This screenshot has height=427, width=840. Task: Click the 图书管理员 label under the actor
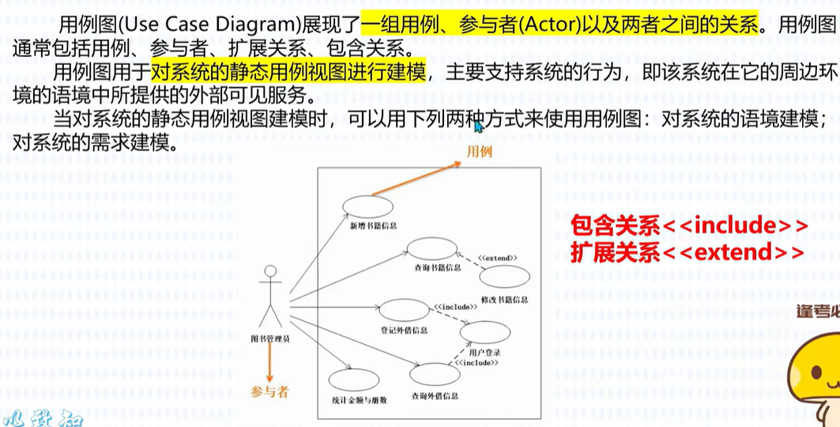click(270, 339)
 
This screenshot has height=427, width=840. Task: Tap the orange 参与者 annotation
click(269, 391)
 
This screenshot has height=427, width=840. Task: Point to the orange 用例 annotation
click(478, 151)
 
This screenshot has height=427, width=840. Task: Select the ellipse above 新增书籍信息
click(368, 206)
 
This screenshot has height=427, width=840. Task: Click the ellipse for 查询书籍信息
click(431, 248)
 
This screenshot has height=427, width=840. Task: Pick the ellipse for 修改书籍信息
click(504, 277)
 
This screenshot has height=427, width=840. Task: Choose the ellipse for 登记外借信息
click(404, 310)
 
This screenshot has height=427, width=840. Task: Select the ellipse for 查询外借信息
click(434, 374)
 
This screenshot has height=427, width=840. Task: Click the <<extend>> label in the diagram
click(498, 257)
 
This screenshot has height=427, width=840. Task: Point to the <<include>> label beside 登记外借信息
click(454, 306)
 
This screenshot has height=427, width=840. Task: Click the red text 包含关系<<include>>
click(690, 227)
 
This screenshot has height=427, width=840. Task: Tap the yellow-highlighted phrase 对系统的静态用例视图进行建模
click(288, 72)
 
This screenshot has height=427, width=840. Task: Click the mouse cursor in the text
click(478, 127)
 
